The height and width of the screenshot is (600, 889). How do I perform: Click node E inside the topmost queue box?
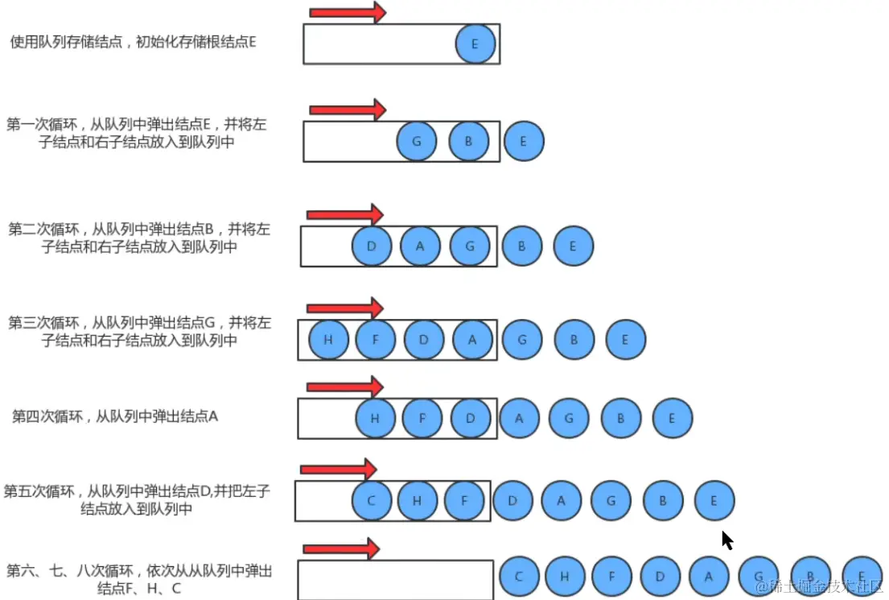tap(475, 44)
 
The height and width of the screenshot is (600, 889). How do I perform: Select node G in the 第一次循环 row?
tap(417, 142)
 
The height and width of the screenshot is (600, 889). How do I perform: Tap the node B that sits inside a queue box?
tap(468, 142)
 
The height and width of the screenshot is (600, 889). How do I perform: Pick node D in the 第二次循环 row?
tap(372, 246)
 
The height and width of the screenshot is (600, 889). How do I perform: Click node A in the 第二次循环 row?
tap(420, 246)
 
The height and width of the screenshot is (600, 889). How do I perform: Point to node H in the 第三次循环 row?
tap(328, 340)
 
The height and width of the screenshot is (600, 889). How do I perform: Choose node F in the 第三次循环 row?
tap(375, 340)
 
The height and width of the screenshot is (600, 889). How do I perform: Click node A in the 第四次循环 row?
tap(520, 418)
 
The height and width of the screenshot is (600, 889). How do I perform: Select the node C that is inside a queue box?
tap(372, 500)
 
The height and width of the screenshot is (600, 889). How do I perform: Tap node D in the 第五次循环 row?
tap(512, 500)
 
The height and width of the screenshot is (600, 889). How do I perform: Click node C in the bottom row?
tap(520, 577)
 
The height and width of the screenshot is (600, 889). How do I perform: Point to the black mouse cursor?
tap(726, 540)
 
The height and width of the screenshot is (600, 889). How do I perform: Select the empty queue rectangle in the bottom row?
tap(395, 580)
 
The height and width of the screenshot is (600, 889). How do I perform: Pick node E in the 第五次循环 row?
tap(714, 500)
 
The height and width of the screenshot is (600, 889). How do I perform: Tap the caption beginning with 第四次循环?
tap(115, 416)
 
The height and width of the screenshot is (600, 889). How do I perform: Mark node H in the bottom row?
tap(565, 577)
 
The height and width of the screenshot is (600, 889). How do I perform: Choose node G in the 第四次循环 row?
tap(570, 418)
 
